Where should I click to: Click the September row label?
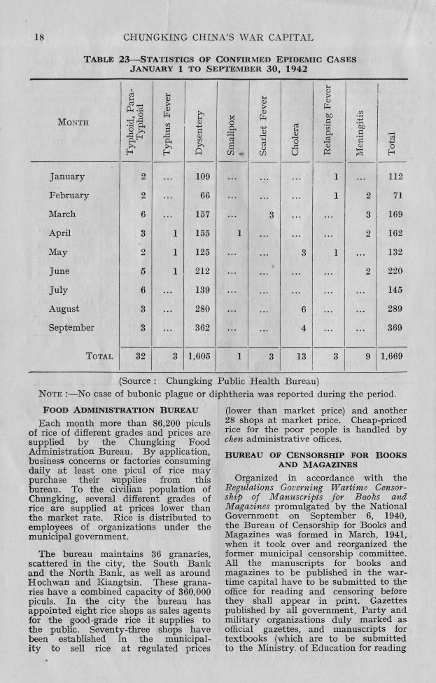(x=71, y=328)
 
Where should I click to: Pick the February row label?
(x=69, y=195)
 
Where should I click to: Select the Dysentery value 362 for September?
(x=200, y=328)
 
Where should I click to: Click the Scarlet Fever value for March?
(x=269, y=214)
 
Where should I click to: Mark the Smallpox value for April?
(x=239, y=233)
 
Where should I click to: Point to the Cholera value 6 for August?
(x=303, y=309)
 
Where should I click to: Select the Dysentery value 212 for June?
(x=200, y=271)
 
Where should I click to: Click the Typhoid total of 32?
(x=140, y=357)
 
